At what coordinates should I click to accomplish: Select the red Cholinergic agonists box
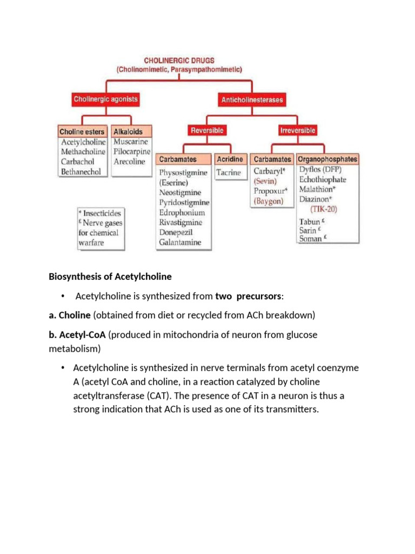tap(105, 99)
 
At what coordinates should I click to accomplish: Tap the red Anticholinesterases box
tap(252, 100)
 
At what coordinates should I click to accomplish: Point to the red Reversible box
tap(206, 130)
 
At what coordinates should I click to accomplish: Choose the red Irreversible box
tap(298, 130)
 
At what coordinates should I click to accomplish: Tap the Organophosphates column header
tap(327, 160)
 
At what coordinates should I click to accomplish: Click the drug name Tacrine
tap(229, 173)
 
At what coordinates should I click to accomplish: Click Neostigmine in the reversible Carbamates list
tap(180, 193)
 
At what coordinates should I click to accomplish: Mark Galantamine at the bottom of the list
tap(180, 242)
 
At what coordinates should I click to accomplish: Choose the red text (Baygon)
tap(269, 200)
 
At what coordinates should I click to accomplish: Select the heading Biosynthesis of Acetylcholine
tap(110, 276)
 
